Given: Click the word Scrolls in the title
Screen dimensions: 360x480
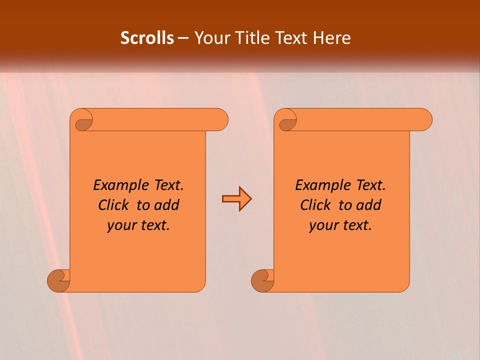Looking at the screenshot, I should pos(147,38).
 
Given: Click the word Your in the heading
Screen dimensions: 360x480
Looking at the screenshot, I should pos(212,38).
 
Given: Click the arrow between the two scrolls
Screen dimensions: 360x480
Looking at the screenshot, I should pos(236,199).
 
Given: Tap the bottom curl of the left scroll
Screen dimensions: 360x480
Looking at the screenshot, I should pos(59,281).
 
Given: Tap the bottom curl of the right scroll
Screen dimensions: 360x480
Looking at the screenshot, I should pos(262,281).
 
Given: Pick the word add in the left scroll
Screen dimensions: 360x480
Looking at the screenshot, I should pos(166,205).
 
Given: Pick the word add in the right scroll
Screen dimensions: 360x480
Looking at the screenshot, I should pos(369,205).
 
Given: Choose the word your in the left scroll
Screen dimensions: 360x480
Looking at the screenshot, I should pos(120,226).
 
